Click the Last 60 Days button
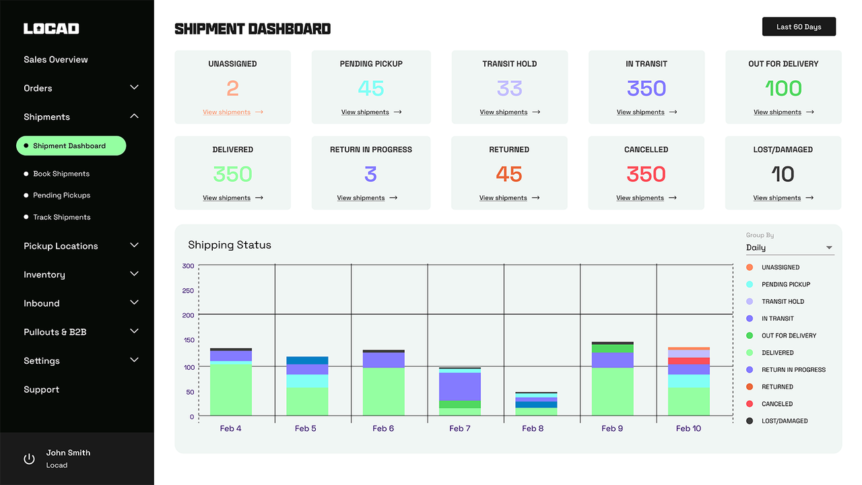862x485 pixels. click(x=799, y=27)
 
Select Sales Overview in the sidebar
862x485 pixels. click(x=56, y=59)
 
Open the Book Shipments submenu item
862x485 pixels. click(x=61, y=174)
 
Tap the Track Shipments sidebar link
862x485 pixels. click(x=62, y=217)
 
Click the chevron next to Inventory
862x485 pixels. click(x=134, y=274)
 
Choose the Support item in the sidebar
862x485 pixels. click(x=41, y=389)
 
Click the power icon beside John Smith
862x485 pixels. click(x=29, y=459)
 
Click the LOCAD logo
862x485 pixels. click(x=51, y=28)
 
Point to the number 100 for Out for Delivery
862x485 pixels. click(x=783, y=88)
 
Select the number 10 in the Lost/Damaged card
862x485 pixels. click(x=783, y=174)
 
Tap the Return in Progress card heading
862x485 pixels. click(x=370, y=150)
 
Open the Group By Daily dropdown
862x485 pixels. click(x=789, y=248)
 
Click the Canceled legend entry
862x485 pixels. click(x=776, y=404)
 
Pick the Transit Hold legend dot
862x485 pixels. click(x=750, y=302)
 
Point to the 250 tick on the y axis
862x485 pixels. click(x=188, y=291)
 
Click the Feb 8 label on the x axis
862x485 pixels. click(x=532, y=428)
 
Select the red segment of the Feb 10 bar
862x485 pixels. click(x=688, y=361)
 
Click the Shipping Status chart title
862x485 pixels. click(x=229, y=245)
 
